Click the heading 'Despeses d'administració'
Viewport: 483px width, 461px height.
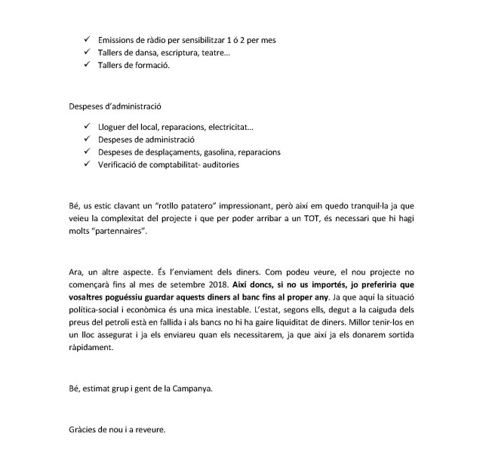tap(114, 106)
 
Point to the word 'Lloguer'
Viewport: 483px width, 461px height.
tap(113, 127)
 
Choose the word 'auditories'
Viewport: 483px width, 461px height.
tap(218, 164)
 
